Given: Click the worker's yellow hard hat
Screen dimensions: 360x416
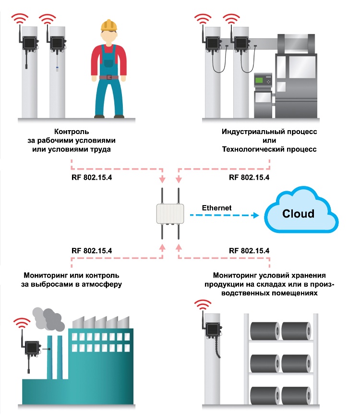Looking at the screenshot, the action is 108,25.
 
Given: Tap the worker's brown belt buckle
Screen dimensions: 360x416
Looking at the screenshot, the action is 109,77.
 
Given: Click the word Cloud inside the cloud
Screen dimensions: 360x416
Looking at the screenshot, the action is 298,214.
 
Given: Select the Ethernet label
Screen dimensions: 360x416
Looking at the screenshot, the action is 216,208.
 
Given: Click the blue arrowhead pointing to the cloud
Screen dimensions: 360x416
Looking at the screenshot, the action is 256,215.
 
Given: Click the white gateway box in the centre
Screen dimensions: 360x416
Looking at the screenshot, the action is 170,214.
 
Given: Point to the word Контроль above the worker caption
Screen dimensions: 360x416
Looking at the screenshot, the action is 72,132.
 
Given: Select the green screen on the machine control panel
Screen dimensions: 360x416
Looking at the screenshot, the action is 259,80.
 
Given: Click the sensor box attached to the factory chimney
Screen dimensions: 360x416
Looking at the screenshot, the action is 32,348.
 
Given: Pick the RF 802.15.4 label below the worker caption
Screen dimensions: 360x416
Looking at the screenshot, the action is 92,177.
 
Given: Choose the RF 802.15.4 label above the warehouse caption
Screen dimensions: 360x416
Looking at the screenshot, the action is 249,251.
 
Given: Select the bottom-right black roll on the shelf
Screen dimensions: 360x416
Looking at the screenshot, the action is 296,395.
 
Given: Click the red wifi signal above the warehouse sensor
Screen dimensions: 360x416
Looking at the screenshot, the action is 203,305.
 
